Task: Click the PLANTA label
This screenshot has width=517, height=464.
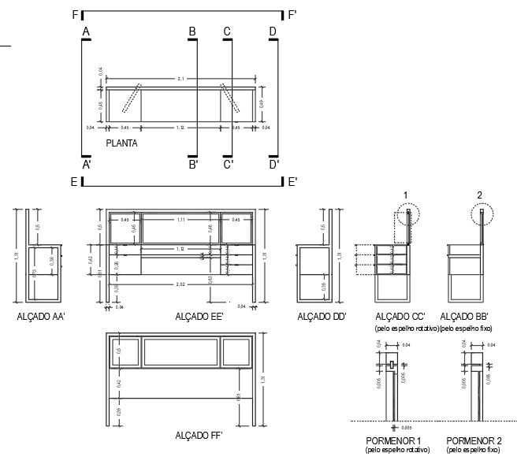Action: [x=121, y=143]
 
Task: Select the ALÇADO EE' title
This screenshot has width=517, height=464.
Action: [x=199, y=316]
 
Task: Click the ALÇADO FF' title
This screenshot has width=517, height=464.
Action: [x=199, y=435]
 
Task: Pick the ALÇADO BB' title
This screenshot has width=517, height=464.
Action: [x=463, y=316]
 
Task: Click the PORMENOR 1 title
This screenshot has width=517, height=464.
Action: [x=394, y=440]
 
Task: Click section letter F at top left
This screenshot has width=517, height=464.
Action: [x=75, y=14]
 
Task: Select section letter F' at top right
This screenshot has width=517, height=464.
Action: [x=292, y=14]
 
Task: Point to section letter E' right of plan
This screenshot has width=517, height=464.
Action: [x=292, y=182]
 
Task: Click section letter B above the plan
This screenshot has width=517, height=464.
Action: [x=192, y=32]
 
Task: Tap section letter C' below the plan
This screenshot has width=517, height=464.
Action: [x=228, y=165]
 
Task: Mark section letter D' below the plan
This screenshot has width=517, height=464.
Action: [x=273, y=165]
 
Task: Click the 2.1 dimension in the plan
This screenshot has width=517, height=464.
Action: [x=180, y=79]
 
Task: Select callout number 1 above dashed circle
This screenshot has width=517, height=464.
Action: [x=405, y=195]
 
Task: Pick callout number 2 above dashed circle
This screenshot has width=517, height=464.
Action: [x=479, y=195]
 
